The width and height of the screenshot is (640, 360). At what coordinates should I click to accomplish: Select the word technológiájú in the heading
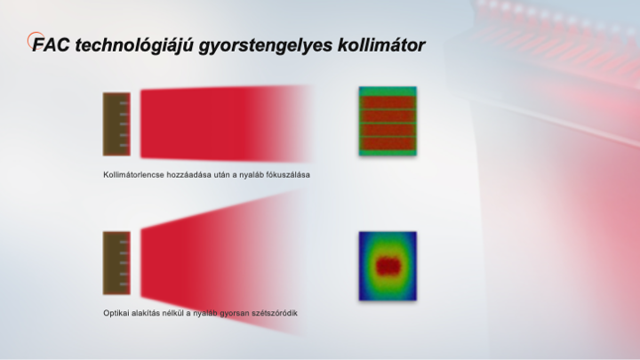(x=134, y=45)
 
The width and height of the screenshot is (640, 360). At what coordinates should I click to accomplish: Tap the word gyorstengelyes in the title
(x=266, y=45)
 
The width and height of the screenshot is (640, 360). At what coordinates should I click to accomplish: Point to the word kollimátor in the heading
(x=381, y=45)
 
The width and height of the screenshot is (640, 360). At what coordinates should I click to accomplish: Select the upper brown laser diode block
(x=116, y=124)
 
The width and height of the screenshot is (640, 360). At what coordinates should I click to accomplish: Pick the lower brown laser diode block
(x=116, y=263)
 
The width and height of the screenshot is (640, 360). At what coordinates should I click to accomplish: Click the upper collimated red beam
(x=212, y=124)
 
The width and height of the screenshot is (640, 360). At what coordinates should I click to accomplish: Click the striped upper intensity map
(x=388, y=121)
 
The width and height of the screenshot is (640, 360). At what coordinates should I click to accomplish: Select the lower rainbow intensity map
(x=388, y=266)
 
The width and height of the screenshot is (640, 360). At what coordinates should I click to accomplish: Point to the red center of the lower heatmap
(x=388, y=266)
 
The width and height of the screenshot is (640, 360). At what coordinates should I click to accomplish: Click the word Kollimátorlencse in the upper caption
(x=134, y=175)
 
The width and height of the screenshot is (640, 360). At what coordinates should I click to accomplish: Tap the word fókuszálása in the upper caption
(x=288, y=175)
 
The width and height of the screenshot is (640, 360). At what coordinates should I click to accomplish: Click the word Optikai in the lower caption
(x=116, y=313)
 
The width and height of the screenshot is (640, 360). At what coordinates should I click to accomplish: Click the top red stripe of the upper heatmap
(x=388, y=102)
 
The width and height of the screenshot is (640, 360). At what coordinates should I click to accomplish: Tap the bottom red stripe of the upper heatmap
(x=388, y=144)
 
